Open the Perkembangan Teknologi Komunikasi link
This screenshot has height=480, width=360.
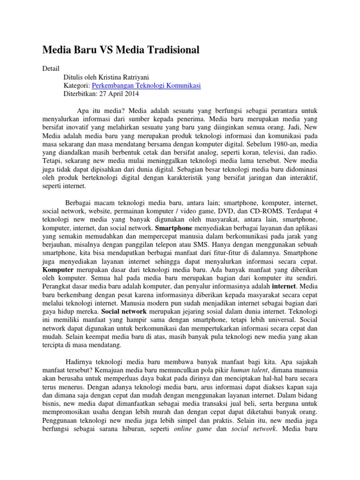pos(146,85)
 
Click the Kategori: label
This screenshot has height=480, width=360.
pos(77,85)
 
